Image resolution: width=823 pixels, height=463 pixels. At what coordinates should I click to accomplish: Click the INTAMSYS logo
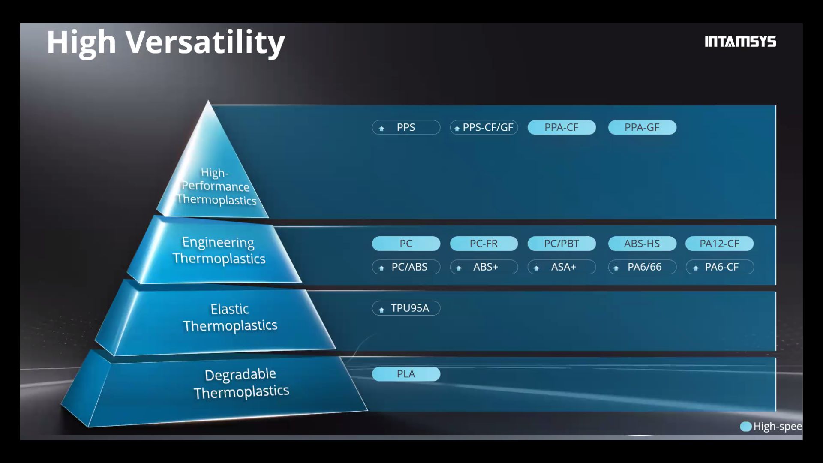(740, 42)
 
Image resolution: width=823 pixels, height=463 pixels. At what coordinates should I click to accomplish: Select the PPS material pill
(406, 127)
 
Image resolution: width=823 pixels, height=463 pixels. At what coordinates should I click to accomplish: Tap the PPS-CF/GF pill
(484, 127)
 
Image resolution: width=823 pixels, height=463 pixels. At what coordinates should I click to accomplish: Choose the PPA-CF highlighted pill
(562, 127)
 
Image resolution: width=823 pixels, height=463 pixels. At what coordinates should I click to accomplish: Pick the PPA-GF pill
(642, 127)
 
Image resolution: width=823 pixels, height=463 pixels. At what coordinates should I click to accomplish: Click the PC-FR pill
(484, 244)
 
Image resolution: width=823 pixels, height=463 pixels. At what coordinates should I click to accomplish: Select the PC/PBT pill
(562, 244)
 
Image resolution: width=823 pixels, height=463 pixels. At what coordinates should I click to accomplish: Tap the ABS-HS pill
(642, 244)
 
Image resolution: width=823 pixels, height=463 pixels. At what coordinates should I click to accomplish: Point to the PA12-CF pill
(720, 244)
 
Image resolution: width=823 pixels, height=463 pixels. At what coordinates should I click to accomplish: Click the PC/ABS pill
(406, 267)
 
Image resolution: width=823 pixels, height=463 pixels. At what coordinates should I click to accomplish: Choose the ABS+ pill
(484, 267)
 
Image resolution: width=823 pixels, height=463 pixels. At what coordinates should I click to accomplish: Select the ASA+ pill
(562, 267)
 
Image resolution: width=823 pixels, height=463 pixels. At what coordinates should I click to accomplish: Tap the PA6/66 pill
(642, 267)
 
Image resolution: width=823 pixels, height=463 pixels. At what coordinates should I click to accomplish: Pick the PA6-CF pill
(720, 267)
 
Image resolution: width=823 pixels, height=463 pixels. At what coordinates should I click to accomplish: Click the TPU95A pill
(406, 308)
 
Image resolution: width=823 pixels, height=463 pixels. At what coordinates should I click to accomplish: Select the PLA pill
(406, 374)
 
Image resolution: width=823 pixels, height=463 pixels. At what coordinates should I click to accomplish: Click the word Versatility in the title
(205, 43)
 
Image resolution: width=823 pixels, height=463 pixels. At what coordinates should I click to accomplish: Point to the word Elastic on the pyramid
(230, 309)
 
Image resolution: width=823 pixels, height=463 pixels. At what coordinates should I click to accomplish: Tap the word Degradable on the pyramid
(240, 375)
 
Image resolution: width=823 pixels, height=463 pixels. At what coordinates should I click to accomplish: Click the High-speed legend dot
(746, 427)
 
